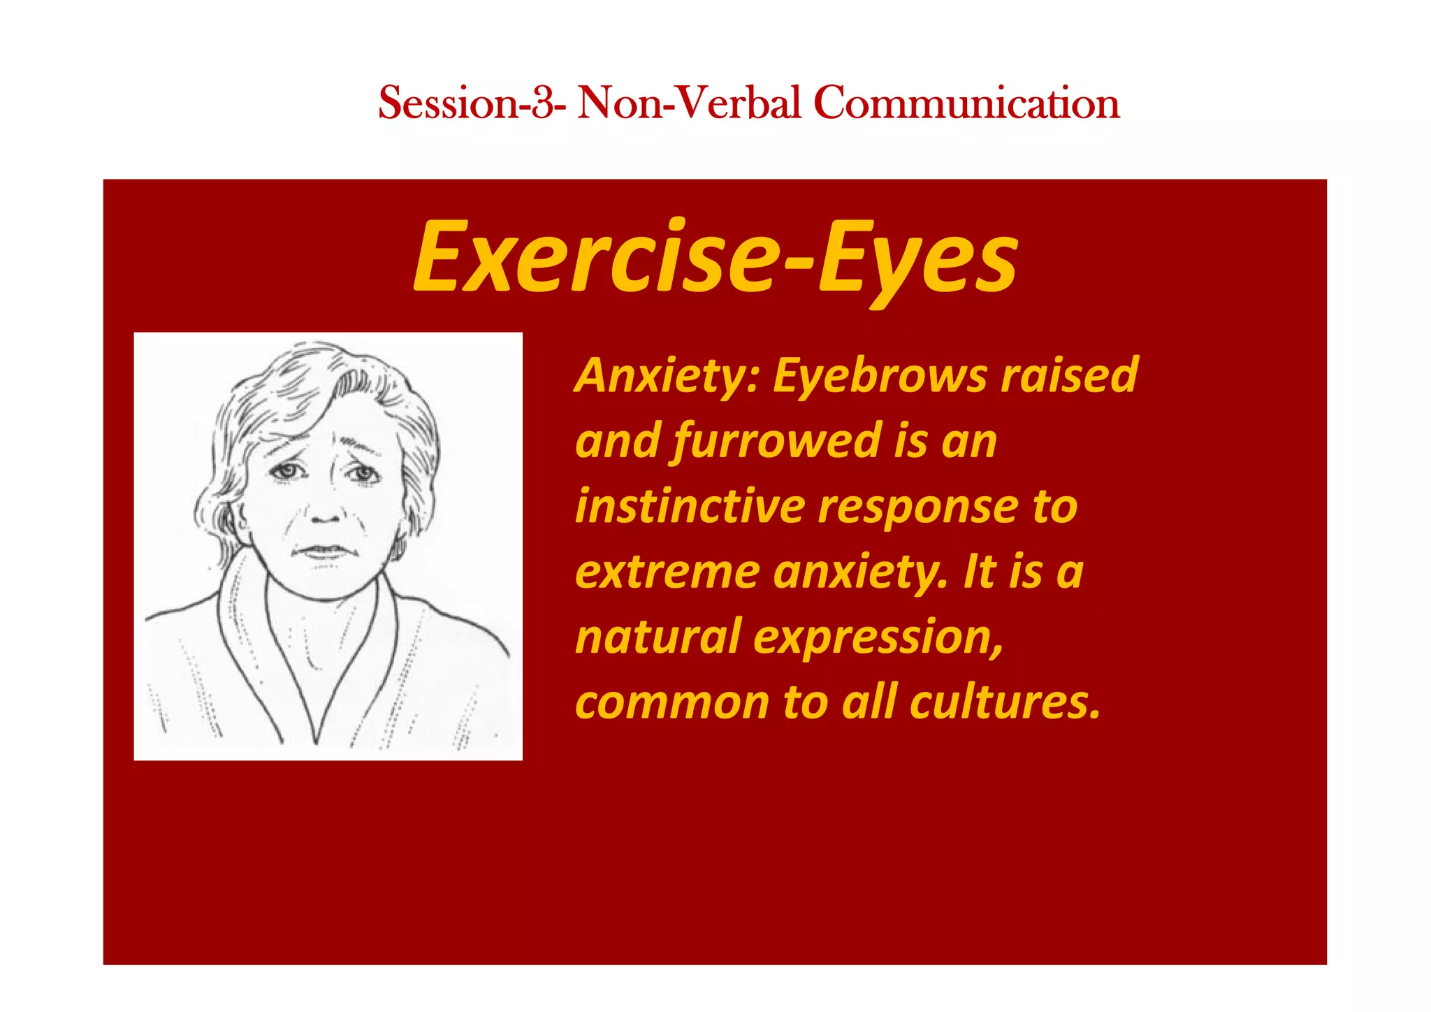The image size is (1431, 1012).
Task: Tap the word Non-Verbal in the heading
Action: point(689,103)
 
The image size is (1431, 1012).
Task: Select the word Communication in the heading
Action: point(966,103)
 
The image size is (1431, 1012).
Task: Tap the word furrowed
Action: point(776,442)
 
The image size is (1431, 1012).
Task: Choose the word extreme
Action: point(667,572)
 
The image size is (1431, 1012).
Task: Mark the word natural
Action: point(657,637)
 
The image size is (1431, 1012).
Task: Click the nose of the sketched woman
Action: point(326,514)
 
